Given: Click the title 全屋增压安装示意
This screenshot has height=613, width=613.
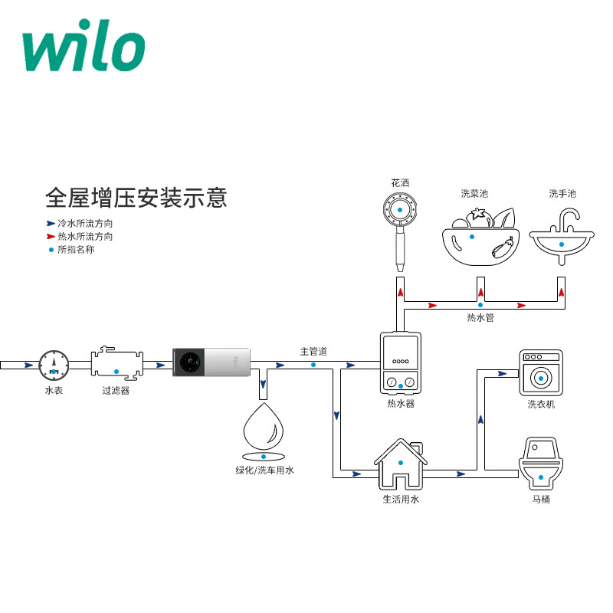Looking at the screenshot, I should (136, 198).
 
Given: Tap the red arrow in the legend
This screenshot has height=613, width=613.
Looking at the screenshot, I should (51, 236).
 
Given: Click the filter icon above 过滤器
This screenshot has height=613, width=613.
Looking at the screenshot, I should (116, 363).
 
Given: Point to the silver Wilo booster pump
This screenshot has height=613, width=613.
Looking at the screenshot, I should (211, 362).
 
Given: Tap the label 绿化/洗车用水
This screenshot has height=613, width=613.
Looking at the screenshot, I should (264, 470).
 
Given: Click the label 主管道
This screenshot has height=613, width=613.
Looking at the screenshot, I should (313, 352).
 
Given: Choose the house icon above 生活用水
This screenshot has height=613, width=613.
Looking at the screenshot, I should (400, 465).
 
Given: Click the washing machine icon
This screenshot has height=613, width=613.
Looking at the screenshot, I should (541, 373).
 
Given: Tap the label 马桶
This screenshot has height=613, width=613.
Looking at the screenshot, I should (541, 500).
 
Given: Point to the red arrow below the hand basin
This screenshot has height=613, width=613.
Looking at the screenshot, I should (563, 292).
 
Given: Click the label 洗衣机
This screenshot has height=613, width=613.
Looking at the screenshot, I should (541, 405).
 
